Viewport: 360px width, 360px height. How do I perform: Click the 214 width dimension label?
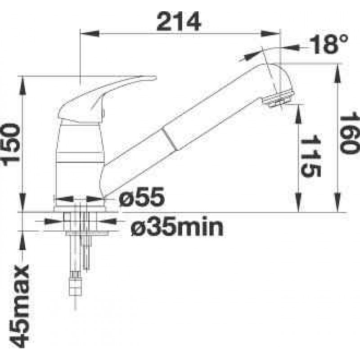click(x=179, y=22)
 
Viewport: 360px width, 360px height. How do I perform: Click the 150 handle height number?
click(x=10, y=144)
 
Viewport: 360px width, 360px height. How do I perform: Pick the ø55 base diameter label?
click(x=142, y=197)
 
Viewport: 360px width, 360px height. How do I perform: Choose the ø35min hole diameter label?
click(x=177, y=227)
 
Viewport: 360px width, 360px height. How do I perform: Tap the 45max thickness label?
click(x=19, y=306)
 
